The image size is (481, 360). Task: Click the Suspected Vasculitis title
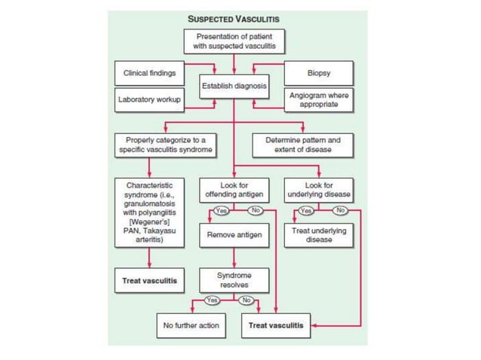[x=234, y=18]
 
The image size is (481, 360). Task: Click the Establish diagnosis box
[x=234, y=86]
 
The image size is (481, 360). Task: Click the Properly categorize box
[x=164, y=145]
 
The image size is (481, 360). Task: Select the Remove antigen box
[x=234, y=235]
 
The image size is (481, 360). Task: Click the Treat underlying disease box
[x=318, y=235]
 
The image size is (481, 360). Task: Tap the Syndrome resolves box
[x=234, y=280]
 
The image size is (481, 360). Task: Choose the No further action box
[x=191, y=325]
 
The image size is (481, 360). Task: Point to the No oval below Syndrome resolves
[x=246, y=300]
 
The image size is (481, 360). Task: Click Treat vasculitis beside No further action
[x=276, y=325]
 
